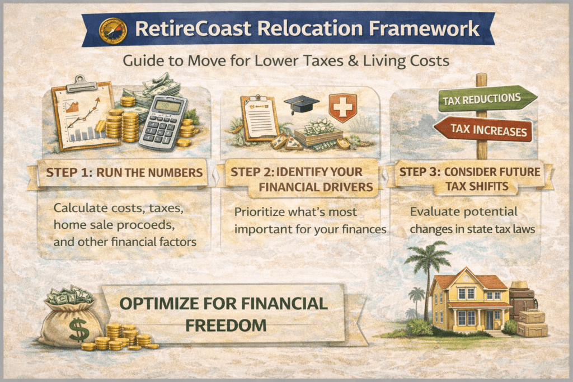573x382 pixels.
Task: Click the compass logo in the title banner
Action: pyautogui.click(x=110, y=31)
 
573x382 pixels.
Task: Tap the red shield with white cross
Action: pyautogui.click(x=342, y=106)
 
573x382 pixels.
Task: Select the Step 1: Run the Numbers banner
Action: pyautogui.click(x=124, y=173)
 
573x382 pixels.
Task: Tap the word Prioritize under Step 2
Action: pyautogui.click(x=260, y=213)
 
